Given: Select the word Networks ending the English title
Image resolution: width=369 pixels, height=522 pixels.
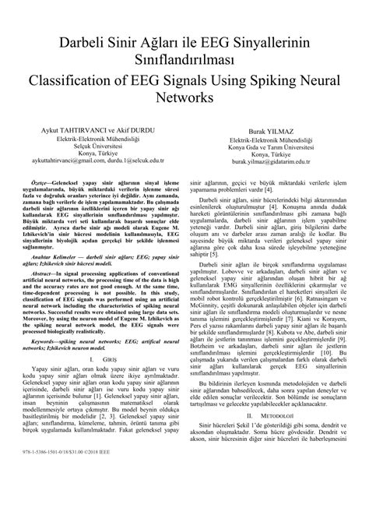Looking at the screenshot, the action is [x=184, y=99].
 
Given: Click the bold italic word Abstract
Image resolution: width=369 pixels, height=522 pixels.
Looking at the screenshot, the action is [x=44, y=319].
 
